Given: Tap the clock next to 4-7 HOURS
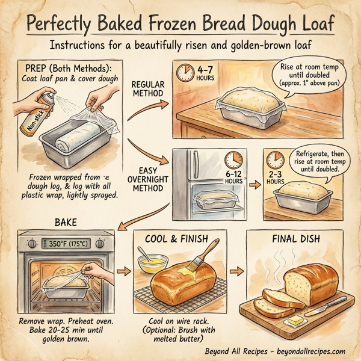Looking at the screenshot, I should [x=185, y=73].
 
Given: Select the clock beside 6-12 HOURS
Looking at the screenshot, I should [x=232, y=160].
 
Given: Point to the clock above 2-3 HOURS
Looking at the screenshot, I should [x=276, y=159].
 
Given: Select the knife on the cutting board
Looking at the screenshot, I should [x=328, y=303].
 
